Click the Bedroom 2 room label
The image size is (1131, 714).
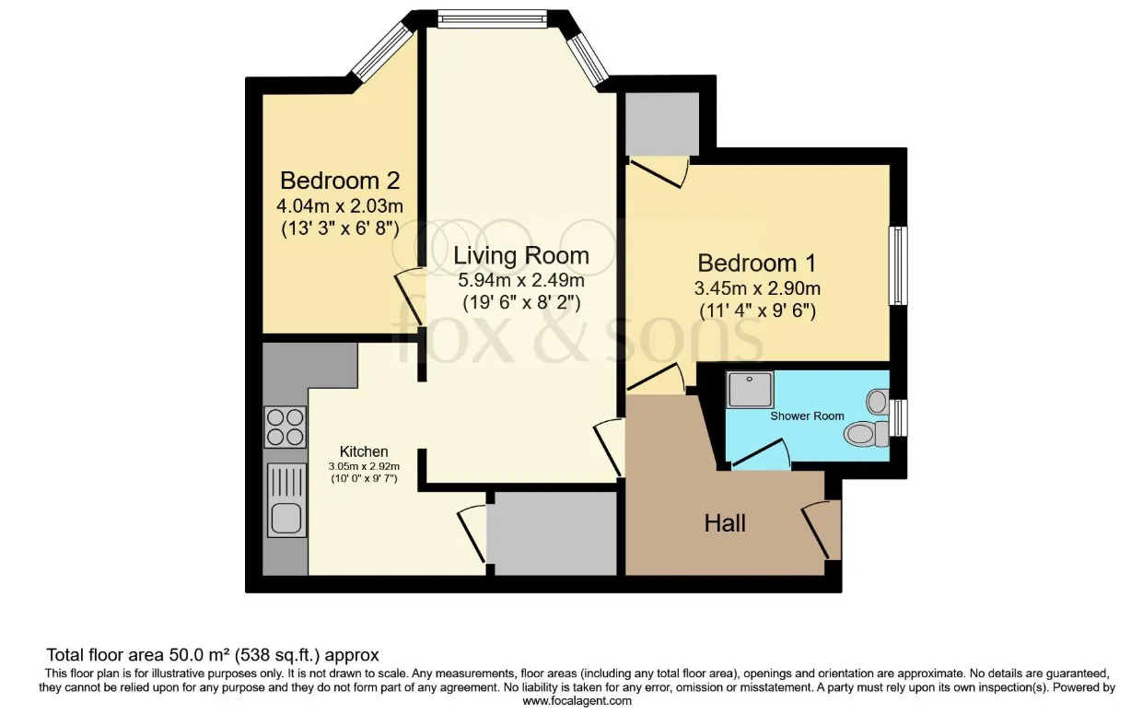(339, 179)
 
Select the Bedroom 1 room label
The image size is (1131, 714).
(756, 263)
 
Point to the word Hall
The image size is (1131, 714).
(725, 523)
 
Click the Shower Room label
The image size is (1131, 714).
(807, 416)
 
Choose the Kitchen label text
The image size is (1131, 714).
(364, 451)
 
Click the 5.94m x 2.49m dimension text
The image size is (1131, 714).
(522, 280)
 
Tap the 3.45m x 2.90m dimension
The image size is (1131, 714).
(757, 287)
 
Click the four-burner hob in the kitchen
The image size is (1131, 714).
(286, 427)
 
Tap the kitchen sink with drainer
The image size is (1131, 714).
(286, 500)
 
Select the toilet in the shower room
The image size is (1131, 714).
(867, 432)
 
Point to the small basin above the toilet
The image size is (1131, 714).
(876, 402)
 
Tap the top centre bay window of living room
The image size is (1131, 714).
(494, 16)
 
